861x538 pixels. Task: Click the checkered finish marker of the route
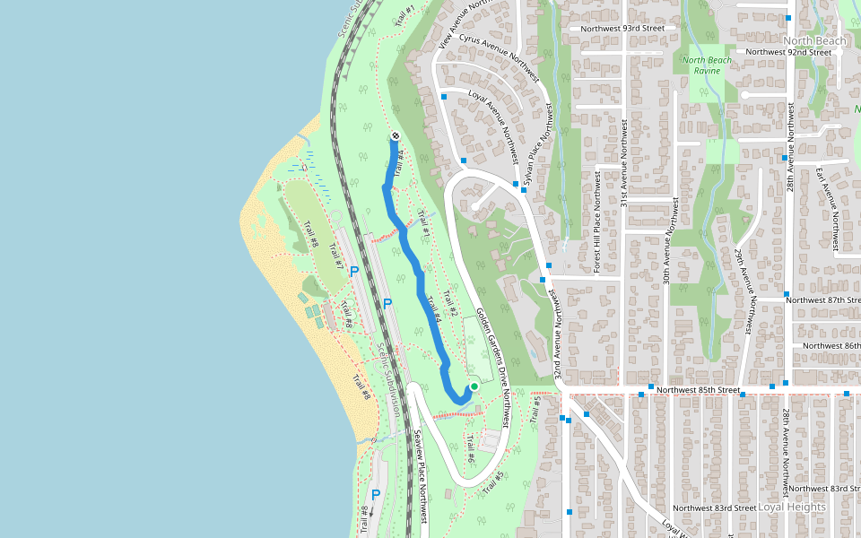396,136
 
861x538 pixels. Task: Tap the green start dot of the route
474,386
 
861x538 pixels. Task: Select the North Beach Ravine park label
707,65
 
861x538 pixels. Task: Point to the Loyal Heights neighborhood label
792,507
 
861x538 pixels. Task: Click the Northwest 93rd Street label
622,29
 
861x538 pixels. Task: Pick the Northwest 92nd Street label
789,52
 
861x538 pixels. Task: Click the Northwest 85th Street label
697,391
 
